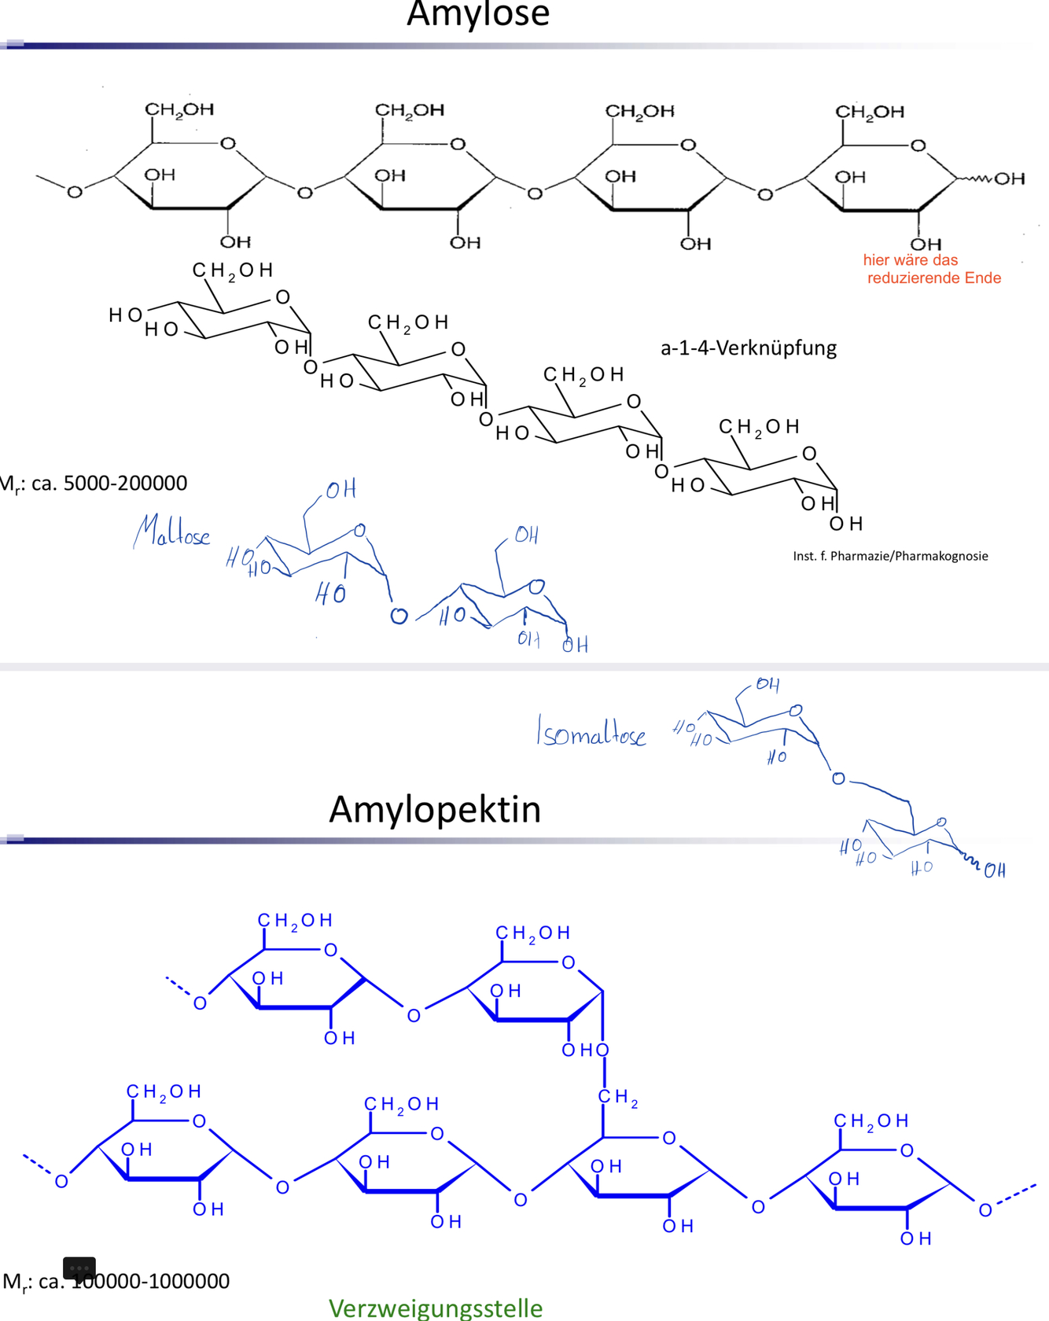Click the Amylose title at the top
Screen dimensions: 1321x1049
pyautogui.click(x=477, y=14)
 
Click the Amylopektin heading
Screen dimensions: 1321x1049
pyautogui.click(x=435, y=809)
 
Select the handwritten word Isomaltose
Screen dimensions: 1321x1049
pyautogui.click(x=591, y=732)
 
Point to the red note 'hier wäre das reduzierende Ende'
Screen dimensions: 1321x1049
pyautogui.click(x=932, y=269)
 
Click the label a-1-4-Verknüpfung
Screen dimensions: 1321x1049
pyautogui.click(x=748, y=348)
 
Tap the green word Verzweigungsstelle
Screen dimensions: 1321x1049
pyautogui.click(x=435, y=1308)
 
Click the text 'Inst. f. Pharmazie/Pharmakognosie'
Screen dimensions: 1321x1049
pyautogui.click(x=890, y=556)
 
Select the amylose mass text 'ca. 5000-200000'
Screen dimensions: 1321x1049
pyautogui.click(x=109, y=483)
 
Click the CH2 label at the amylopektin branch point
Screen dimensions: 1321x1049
pyautogui.click(x=617, y=1097)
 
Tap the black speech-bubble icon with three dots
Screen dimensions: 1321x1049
pyautogui.click(x=79, y=1268)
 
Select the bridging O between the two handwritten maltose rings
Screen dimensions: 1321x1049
pyautogui.click(x=399, y=616)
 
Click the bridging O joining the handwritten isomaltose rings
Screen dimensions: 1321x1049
pyautogui.click(x=838, y=778)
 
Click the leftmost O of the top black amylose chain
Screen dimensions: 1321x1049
pyautogui.click(x=75, y=192)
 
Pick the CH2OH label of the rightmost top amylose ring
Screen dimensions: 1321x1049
pyautogui.click(x=869, y=112)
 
